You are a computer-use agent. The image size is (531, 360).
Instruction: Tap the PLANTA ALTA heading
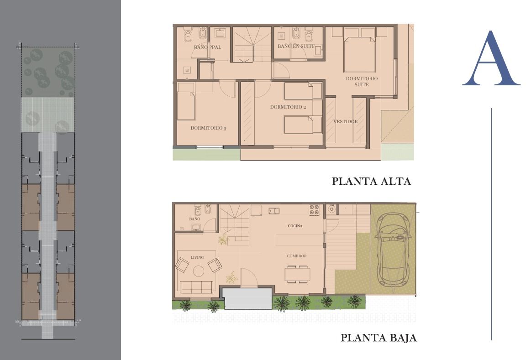pyautogui.click(x=371, y=181)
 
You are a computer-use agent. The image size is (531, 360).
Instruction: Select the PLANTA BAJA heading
pyautogui.click(x=379, y=338)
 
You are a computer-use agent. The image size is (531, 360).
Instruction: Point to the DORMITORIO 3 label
pyautogui.click(x=208, y=128)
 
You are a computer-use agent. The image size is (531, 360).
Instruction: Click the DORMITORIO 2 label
pyautogui.click(x=288, y=107)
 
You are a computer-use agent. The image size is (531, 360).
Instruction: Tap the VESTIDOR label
pyautogui.click(x=346, y=121)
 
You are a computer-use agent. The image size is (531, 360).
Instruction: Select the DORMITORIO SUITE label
pyautogui.click(x=362, y=81)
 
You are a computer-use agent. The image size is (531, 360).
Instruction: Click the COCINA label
pyautogui.click(x=295, y=226)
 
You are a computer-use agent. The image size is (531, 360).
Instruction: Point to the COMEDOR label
pyautogui.click(x=297, y=256)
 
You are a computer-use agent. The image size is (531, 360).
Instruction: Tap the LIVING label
pyautogui.click(x=197, y=257)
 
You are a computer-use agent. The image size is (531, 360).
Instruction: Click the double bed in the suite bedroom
pyautogui.click(x=360, y=50)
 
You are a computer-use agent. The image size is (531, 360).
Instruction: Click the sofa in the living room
pyautogui.click(x=196, y=287)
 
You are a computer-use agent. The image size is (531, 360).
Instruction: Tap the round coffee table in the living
pyautogui.click(x=199, y=271)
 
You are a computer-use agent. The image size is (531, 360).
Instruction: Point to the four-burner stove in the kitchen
pyautogui.click(x=314, y=210)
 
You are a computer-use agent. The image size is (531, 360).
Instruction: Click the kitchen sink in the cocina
pyautogui.click(x=274, y=211)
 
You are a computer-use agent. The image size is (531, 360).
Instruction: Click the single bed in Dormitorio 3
pyautogui.click(x=186, y=101)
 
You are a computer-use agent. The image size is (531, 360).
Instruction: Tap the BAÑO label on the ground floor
pyautogui.click(x=195, y=219)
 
